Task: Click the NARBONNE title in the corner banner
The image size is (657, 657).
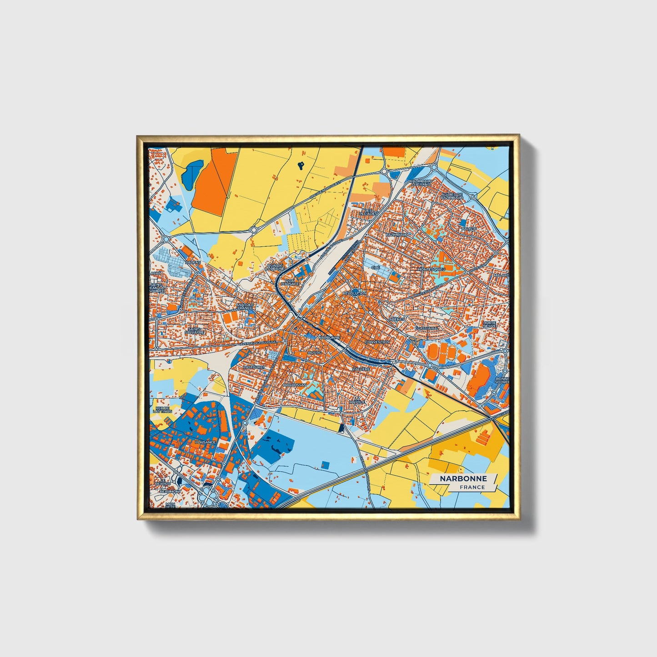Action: point(463,478)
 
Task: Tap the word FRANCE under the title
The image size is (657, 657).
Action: point(472,487)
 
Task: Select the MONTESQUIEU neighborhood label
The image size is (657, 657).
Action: point(431,269)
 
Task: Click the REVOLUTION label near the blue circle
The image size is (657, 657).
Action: point(355,294)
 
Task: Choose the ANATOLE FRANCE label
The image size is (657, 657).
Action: point(244,306)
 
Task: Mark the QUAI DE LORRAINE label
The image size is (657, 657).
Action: point(275,267)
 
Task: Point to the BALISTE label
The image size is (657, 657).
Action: point(469,229)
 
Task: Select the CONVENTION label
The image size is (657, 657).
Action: point(377,342)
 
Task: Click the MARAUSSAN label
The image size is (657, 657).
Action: point(295,385)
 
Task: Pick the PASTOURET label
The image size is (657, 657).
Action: point(254,367)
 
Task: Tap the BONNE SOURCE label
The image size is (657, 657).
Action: point(502,381)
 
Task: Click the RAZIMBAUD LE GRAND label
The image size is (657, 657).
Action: point(420,182)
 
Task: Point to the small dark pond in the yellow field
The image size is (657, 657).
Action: point(301,166)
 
